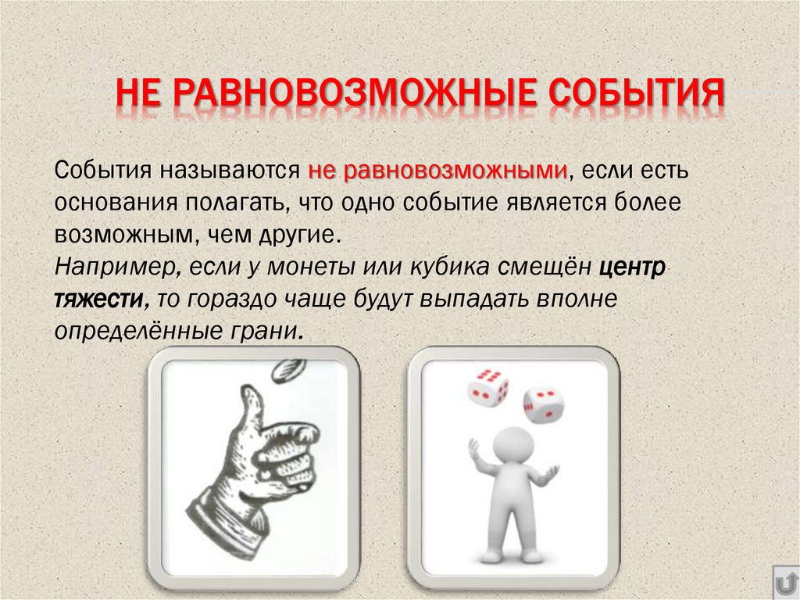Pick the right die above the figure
pos(542,404)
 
